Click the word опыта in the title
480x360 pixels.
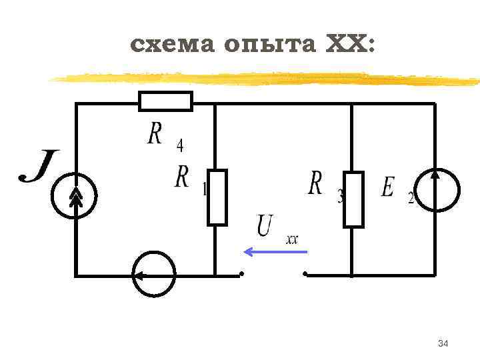[270, 45]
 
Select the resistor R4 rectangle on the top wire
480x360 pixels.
[165, 101]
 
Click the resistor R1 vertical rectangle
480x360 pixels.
[217, 197]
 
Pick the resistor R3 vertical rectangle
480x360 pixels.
[353, 199]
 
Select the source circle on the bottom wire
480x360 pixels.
[154, 274]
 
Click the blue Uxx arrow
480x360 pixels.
[275, 252]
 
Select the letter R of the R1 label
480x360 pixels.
[182, 177]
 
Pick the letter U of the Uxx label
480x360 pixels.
[265, 225]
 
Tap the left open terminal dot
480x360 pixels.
[242, 274]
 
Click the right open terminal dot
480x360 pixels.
[305, 274]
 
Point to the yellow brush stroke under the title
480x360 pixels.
[267, 79]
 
